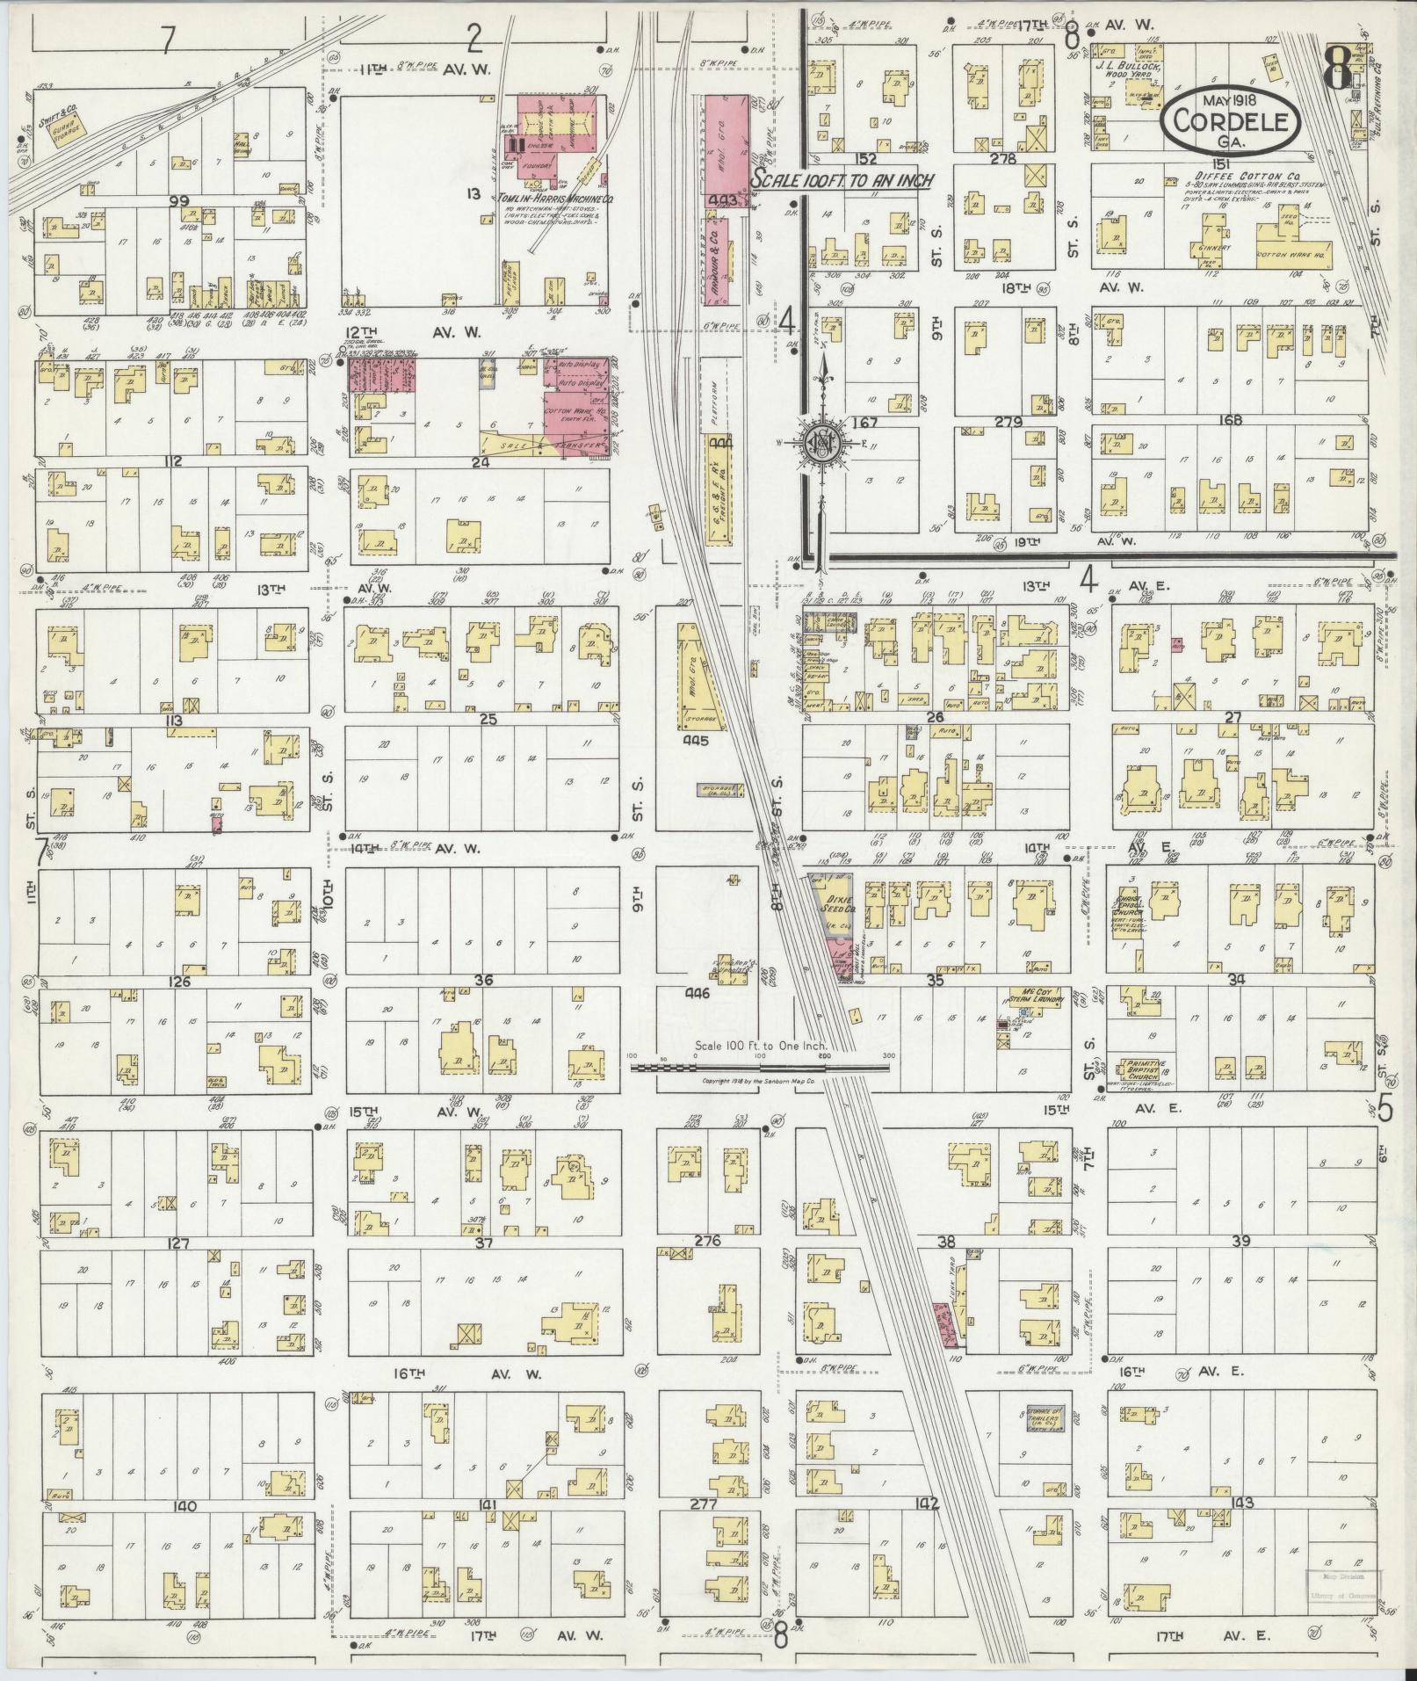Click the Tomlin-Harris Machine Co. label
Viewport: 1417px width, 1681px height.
click(x=543, y=199)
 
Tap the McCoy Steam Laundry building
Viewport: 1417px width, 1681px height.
click(x=1037, y=1000)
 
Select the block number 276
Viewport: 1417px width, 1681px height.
click(x=706, y=1241)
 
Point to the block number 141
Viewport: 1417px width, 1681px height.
click(x=488, y=1504)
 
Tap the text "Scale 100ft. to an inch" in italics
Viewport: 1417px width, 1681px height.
click(x=841, y=178)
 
